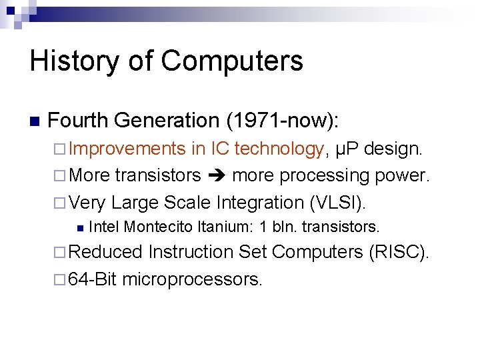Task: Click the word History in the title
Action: pyautogui.click(x=73, y=61)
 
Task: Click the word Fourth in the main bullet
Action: pyautogui.click(x=78, y=121)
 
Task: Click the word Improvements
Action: pyautogui.click(x=127, y=149)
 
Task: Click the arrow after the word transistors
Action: pyautogui.click(x=216, y=175)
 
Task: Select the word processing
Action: pyautogui.click(x=315, y=175)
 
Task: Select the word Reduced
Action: pyautogui.click(x=106, y=252)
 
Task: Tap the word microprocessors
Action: pyautogui.click(x=193, y=279)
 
